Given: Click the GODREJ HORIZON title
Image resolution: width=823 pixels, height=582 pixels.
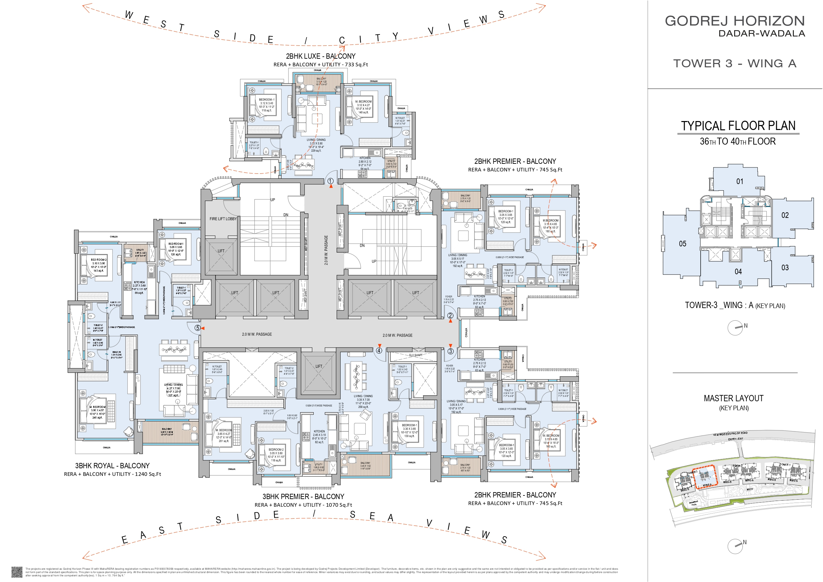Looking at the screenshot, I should [735, 21].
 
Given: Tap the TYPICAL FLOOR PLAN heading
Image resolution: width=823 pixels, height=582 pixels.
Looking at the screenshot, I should [738, 126].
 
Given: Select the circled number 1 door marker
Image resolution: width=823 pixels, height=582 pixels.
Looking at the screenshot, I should [331, 181].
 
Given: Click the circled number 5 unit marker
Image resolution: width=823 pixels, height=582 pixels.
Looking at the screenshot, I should [198, 328].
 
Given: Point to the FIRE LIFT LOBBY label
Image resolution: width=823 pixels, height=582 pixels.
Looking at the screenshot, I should [223, 219].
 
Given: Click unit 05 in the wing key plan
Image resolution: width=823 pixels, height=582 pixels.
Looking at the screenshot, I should [682, 244].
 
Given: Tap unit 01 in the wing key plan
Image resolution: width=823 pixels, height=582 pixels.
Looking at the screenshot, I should [740, 181].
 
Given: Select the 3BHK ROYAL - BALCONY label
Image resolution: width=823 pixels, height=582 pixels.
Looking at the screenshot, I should [112, 466].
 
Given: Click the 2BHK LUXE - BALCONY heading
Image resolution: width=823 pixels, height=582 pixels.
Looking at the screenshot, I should [320, 56].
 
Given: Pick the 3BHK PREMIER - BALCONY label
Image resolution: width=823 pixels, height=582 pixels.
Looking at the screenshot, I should [303, 496].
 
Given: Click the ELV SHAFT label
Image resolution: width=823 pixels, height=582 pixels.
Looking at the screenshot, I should [416, 355].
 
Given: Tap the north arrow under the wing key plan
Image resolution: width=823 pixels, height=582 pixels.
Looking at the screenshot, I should [735, 328].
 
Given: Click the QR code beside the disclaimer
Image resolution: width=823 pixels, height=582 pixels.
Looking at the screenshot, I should [17, 572].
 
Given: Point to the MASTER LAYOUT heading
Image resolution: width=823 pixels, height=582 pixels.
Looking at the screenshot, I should [733, 398].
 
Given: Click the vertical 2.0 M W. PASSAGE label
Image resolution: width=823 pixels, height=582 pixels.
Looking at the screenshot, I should [326, 250].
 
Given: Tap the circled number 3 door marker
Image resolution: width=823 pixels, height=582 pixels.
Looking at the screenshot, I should [451, 351].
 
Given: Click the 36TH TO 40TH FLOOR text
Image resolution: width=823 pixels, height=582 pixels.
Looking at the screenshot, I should [738, 142].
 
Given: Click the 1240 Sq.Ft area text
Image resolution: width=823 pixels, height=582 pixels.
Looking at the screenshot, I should [148, 474].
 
